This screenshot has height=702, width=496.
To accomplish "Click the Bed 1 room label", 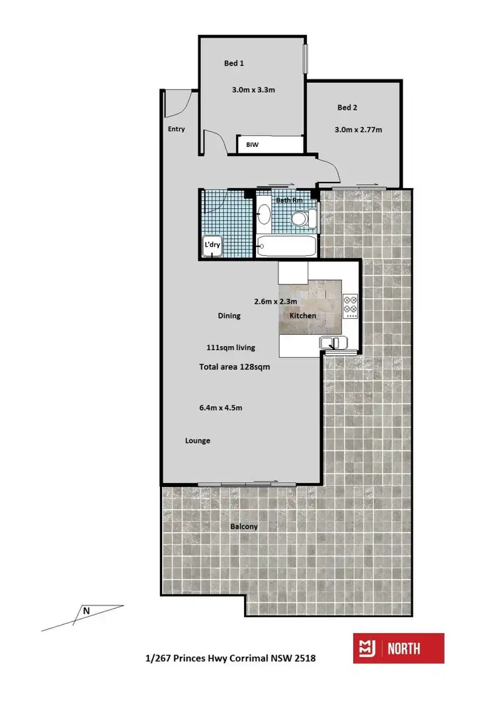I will tap(234, 64).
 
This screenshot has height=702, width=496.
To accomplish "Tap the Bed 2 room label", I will tap(347, 107).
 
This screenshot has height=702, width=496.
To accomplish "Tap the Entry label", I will tap(177, 129).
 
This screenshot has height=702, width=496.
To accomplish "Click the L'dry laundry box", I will tap(212, 245).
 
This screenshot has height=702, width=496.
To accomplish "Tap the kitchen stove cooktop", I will tap(351, 305).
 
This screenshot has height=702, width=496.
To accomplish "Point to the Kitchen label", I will tap(303, 316).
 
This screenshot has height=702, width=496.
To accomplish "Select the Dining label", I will tap(229, 316).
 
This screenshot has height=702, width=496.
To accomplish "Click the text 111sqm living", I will tap(231, 347).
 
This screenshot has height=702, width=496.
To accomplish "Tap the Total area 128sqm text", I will tap(235, 367).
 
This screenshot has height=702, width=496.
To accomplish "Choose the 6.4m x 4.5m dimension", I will tap(221, 408).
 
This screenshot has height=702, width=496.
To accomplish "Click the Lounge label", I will tap(197, 441).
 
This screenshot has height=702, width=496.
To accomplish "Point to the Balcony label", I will tap(244, 527).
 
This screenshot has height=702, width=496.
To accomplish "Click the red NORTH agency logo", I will tap(398, 648).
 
